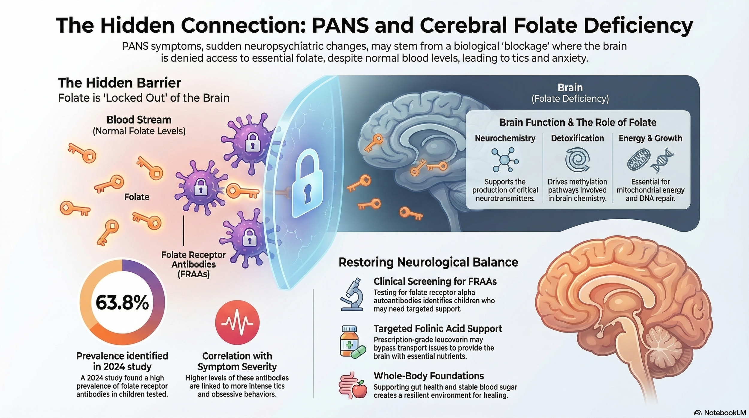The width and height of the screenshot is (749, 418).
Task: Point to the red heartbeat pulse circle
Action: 237,322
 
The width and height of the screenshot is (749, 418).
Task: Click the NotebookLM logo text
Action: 725,413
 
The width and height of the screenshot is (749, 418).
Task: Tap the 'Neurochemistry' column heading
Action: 505,138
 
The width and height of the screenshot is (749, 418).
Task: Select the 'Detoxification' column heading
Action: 577,138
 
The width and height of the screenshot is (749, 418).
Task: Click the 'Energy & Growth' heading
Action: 650,138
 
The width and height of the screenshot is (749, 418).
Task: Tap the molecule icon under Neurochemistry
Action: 505,160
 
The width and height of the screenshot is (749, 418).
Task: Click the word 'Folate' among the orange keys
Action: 137,197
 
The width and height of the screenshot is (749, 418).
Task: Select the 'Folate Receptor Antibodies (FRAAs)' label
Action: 194,264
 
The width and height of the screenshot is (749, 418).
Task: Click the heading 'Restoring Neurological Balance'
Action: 428,262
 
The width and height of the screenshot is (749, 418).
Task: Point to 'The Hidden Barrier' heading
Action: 119,83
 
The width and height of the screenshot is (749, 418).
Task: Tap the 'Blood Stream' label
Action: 139,120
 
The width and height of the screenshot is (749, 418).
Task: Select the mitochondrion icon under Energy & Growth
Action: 638,160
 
